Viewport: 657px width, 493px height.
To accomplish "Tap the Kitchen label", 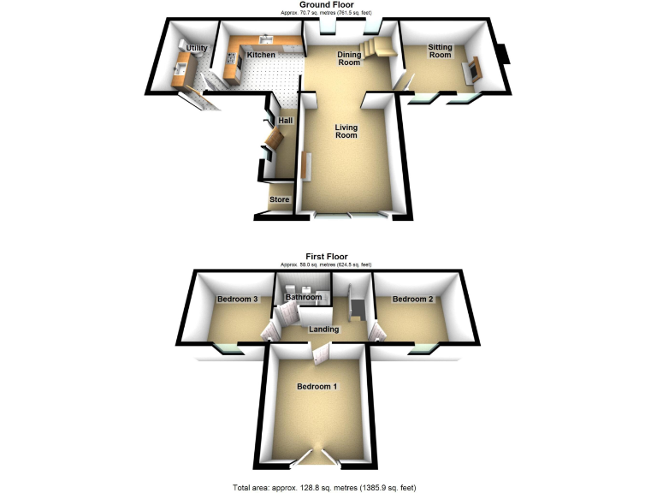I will pos(261,55).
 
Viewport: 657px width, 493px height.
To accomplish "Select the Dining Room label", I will pos(349,58).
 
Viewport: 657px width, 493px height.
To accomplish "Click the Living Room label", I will pos(346,131).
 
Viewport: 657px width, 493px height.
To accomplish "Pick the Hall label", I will pos(285,121).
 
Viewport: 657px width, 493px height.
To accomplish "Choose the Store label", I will pos(280,199).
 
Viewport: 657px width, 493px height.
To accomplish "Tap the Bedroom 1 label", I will pos(317,387).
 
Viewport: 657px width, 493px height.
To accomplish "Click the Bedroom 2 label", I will pos(412,299).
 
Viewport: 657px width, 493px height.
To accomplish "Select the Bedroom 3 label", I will pos(237,299).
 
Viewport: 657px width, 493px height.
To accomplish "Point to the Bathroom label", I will pos(304,297).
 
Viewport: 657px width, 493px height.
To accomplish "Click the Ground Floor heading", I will pos(328,5).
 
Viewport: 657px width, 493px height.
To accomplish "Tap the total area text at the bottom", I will pos(328,487).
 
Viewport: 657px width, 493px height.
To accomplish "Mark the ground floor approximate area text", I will pos(328,13).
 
